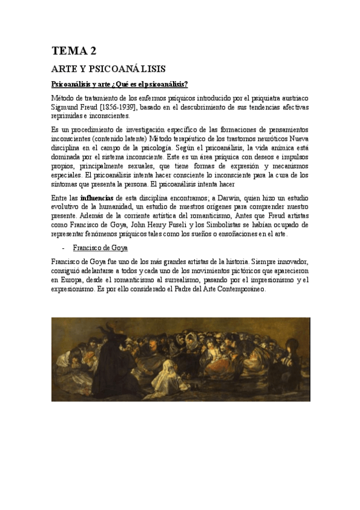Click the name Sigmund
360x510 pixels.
pos(67,107)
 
